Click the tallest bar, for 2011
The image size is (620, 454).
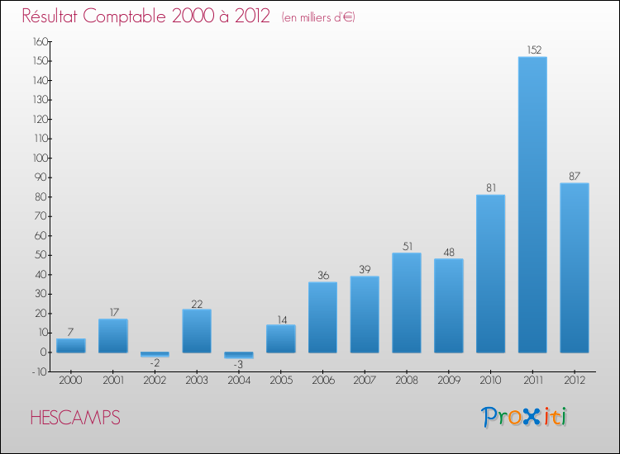[x=532, y=205]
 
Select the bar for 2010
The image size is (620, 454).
[x=490, y=273]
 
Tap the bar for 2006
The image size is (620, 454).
[x=322, y=317]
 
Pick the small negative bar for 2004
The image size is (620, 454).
[x=239, y=355]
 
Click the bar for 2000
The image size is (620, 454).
[x=71, y=346]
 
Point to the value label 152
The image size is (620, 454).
[x=532, y=50]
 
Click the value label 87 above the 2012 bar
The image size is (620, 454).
[x=575, y=176]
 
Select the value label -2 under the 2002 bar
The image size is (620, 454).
[x=155, y=363]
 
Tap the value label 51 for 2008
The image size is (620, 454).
[x=407, y=246]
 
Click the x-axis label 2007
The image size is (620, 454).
[x=365, y=380]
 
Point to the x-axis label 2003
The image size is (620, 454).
[x=197, y=380]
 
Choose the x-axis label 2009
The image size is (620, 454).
[x=449, y=380]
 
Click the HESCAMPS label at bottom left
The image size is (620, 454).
[x=75, y=418]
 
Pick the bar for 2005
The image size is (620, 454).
[x=281, y=338]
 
